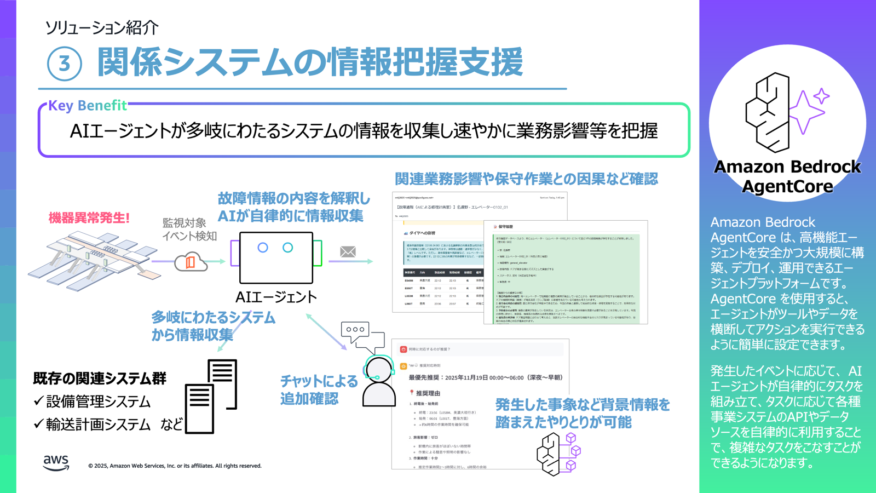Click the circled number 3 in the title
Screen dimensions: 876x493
[64, 64]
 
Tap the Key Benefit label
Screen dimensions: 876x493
[88, 105]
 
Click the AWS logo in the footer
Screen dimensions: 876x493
[56, 463]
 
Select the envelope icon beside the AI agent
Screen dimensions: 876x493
[348, 251]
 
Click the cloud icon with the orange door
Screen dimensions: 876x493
[190, 262]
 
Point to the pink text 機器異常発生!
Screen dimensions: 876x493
[89, 217]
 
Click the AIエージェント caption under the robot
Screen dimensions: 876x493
[276, 297]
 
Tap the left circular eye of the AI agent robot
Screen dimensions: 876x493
[263, 248]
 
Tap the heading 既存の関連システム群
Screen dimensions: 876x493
[100, 378]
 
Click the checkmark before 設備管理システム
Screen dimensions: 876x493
[38, 401]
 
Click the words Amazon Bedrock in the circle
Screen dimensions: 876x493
[787, 167]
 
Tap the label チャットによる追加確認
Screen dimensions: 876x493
[319, 389]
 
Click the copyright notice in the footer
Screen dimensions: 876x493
[175, 466]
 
